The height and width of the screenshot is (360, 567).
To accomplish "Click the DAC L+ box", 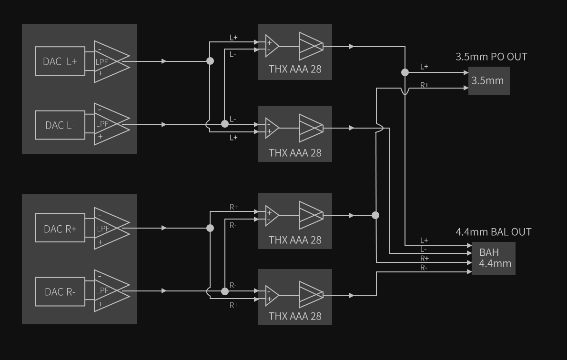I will [60, 61].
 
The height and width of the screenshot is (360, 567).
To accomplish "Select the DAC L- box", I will [60, 125].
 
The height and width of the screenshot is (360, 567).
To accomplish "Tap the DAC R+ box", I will [60, 229].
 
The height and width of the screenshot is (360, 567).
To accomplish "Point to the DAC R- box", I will [60, 291].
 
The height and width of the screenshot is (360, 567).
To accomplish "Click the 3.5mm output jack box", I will [488, 80].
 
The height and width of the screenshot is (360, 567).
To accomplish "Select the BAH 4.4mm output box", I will [494, 258].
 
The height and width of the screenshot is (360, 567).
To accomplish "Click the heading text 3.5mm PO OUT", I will [491, 57].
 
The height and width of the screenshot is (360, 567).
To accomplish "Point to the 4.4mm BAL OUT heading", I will [493, 232].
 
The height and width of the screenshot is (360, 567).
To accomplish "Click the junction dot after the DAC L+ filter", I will [210, 61].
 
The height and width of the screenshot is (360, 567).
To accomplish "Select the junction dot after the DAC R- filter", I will [224, 291].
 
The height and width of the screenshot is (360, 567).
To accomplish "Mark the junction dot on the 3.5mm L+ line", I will [405, 72].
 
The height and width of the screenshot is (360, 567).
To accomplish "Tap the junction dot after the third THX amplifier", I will [375, 215].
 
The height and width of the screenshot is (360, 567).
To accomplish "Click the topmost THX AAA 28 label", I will [295, 69].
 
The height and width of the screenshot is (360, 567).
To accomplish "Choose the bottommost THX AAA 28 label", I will [295, 316].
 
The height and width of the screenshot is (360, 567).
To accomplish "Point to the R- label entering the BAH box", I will [424, 268].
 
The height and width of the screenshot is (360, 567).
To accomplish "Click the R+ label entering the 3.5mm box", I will [424, 85].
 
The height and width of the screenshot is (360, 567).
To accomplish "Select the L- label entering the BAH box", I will [424, 249].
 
